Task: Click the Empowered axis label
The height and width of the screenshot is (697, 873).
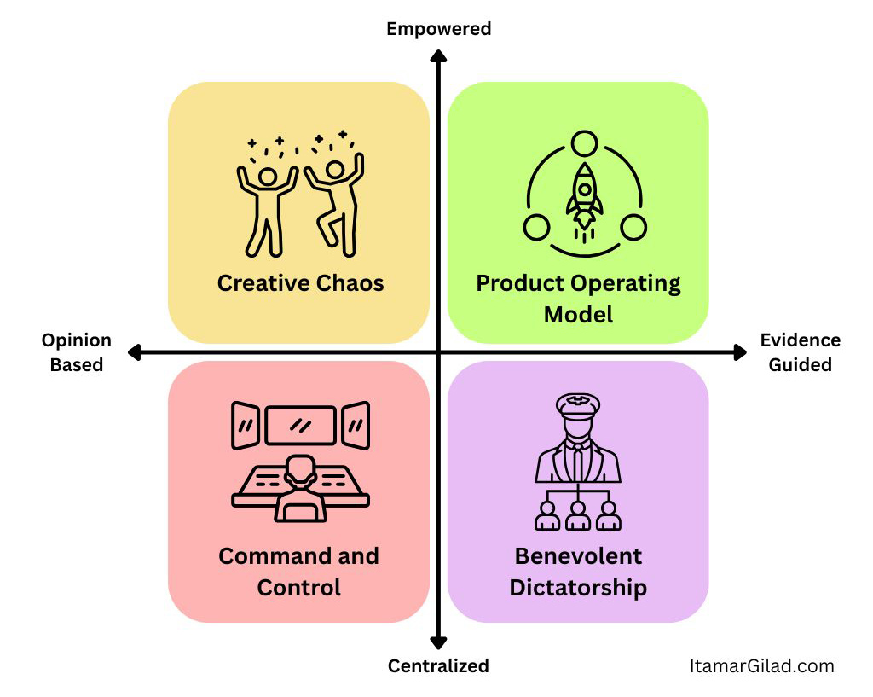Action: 438,29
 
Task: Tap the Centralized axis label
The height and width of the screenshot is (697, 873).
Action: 438,666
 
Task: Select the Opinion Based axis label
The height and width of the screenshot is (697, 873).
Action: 76,352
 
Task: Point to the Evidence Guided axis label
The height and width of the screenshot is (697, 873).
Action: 800,352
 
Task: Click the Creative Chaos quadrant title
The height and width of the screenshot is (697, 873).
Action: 300,283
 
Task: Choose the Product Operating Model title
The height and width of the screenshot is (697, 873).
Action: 578,298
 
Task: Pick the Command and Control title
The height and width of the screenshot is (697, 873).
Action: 298,572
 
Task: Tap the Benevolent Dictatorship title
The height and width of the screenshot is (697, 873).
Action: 578,572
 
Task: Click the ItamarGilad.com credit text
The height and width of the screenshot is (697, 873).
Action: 761,666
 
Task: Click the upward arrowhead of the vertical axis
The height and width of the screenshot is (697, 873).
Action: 438,56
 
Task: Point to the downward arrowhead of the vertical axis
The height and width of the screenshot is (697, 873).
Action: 438,642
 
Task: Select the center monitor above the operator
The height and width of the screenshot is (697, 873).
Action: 300,425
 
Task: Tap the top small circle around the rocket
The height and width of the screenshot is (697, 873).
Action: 585,143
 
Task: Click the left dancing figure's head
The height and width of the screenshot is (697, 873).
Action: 267,177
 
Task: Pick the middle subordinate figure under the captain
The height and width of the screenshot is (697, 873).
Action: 578,514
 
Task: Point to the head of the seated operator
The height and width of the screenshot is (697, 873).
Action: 299,468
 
